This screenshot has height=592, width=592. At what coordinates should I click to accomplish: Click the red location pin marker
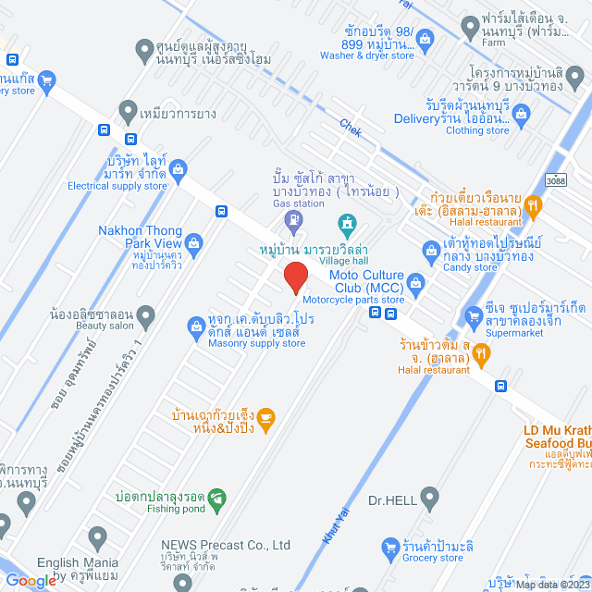[x=295, y=277]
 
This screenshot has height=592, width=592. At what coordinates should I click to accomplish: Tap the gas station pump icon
[x=293, y=220]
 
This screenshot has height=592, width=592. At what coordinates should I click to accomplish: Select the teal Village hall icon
[x=347, y=223]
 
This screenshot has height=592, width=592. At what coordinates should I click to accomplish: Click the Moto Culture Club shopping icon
[x=415, y=282]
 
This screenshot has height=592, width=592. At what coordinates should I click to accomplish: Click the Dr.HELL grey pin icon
[x=428, y=500]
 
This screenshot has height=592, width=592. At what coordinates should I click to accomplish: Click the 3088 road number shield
[x=556, y=179]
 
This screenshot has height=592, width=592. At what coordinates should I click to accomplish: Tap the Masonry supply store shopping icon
[x=196, y=326]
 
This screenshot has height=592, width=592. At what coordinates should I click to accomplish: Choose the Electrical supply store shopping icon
[x=179, y=167]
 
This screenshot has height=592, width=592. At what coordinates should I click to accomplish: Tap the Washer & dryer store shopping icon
[x=425, y=38]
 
